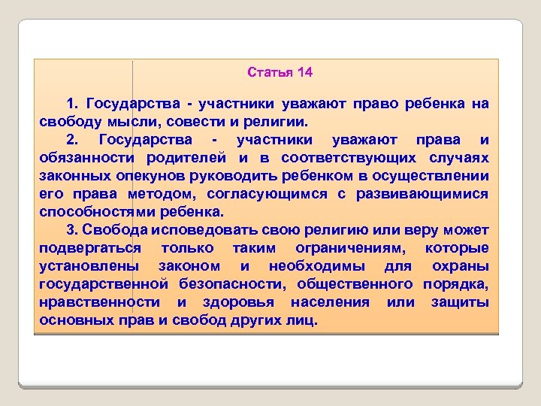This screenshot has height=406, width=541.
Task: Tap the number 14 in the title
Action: click(x=305, y=73)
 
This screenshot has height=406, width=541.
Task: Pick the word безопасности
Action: click(x=231, y=283)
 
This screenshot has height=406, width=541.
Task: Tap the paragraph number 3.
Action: click(x=70, y=229)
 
